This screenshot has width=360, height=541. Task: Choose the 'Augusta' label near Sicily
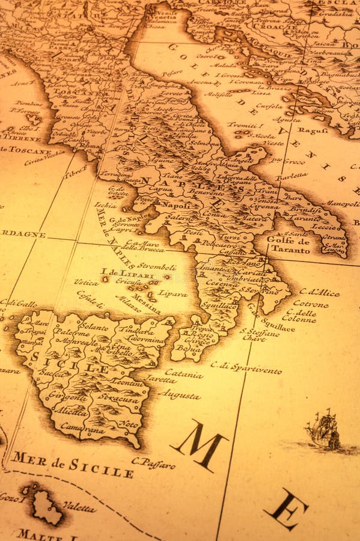coord(180,396)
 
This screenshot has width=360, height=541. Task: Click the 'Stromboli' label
coord(157,267)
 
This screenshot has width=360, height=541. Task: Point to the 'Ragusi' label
coord(313,130)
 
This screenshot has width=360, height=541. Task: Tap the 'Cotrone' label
coord(311,304)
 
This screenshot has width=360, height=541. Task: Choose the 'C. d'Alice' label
coord(319,292)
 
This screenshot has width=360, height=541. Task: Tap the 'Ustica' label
coord(87,281)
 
